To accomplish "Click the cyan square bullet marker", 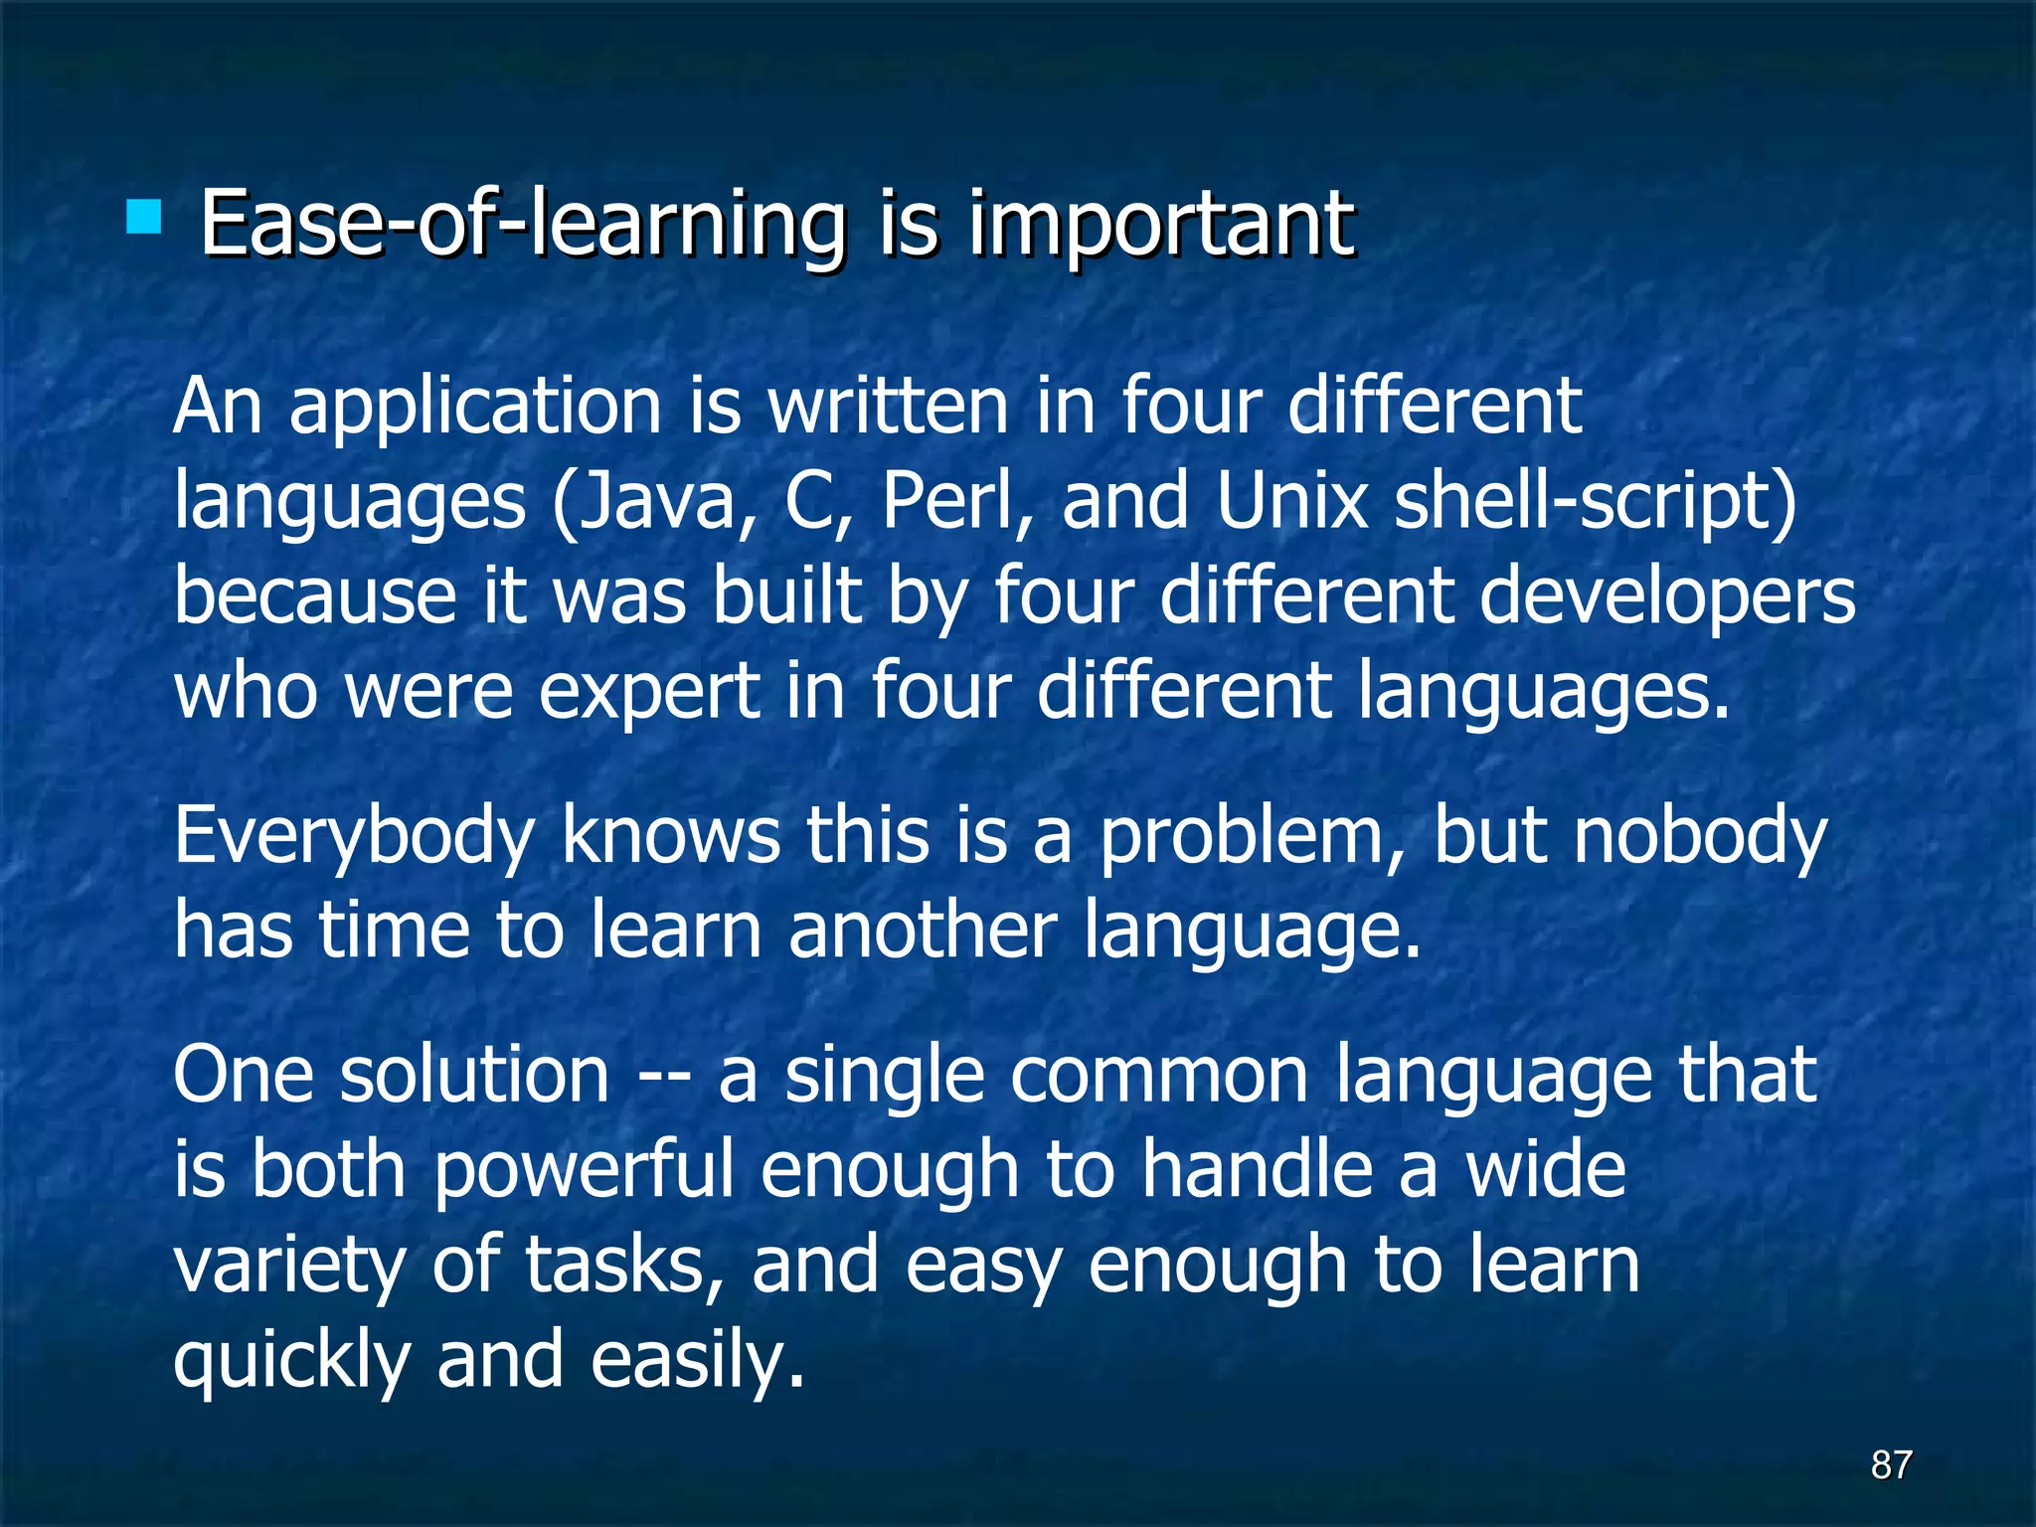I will point(144,217).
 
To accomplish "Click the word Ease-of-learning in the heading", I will point(522,224).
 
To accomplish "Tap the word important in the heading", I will point(1160,224).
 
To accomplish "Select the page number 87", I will point(1891,1464).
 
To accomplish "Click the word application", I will point(475,408).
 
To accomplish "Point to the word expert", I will point(649,694).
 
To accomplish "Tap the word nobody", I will point(1701,836).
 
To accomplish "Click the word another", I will point(923,931).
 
